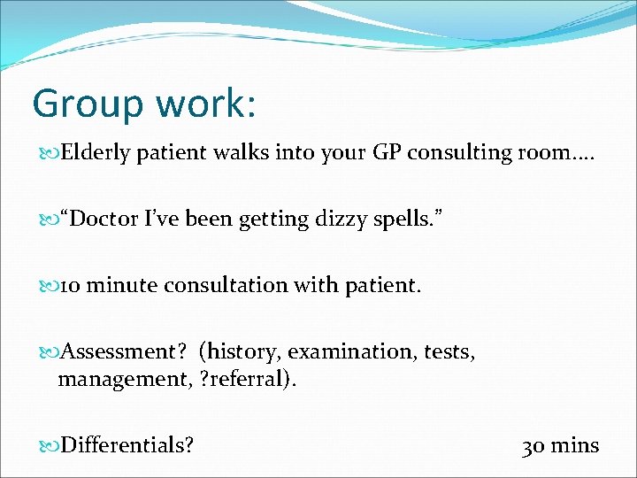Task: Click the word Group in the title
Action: pyautogui.click(x=85, y=104)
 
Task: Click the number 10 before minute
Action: pyautogui.click(x=72, y=286)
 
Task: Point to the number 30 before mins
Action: pyautogui.click(x=533, y=445)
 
